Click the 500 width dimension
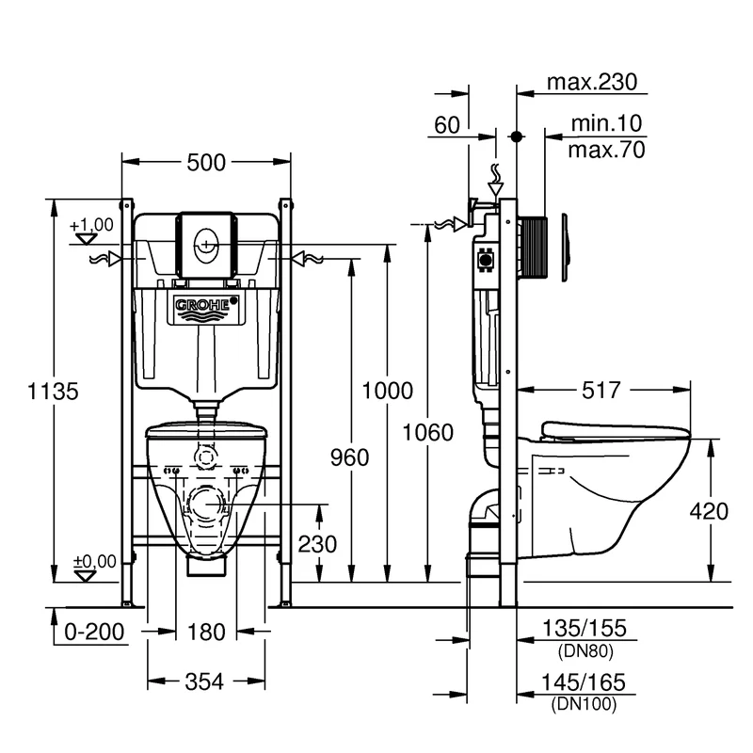click(x=206, y=162)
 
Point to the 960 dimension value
click(x=350, y=457)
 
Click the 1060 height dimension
click(x=428, y=432)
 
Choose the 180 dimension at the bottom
click(x=206, y=632)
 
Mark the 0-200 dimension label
click(x=94, y=632)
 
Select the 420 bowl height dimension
click(x=709, y=511)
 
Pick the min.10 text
click(x=607, y=123)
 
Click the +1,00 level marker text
click(x=91, y=224)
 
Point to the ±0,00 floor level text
click(x=94, y=561)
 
